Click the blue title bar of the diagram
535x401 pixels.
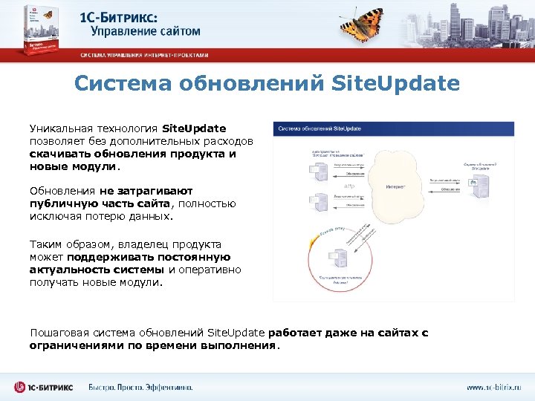coord(395,128)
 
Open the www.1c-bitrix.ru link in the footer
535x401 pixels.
coord(493,387)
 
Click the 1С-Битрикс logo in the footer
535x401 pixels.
coord(45,387)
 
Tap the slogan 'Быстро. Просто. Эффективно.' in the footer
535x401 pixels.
coord(140,387)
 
